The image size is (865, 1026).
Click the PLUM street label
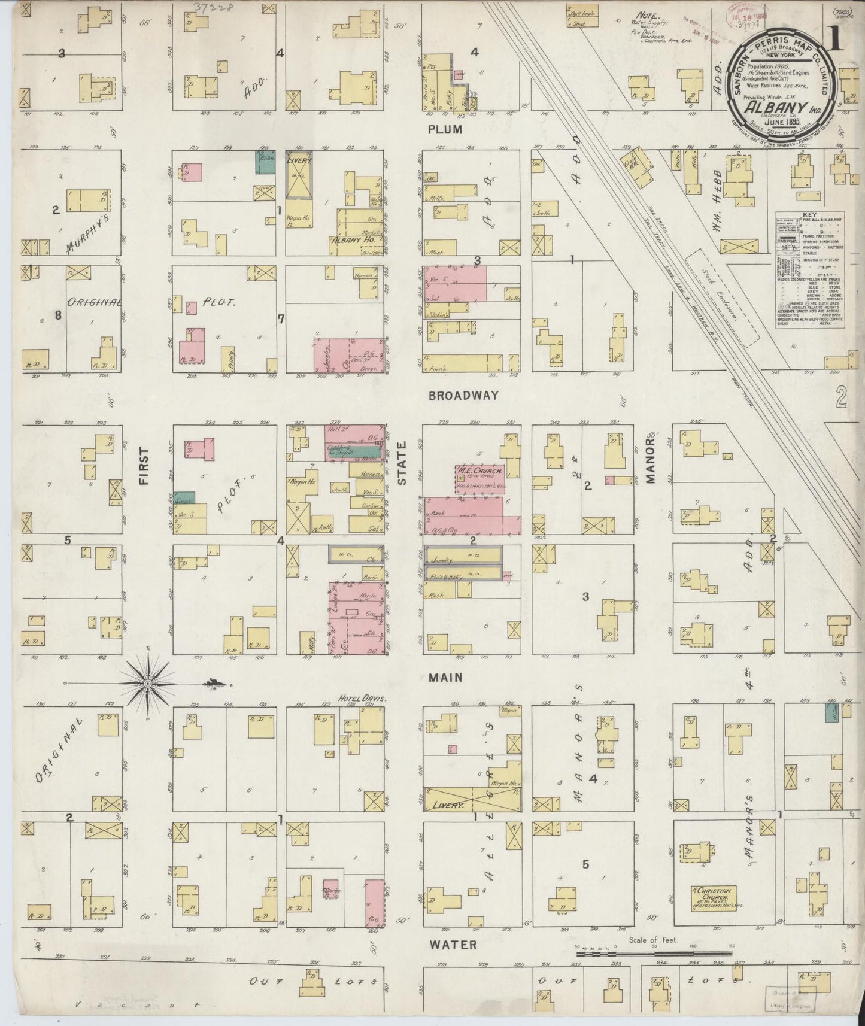(x=445, y=129)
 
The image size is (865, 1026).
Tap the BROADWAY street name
(x=464, y=396)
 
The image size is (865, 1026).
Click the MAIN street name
(x=446, y=678)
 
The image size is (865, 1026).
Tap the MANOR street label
(x=652, y=462)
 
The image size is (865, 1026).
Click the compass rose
(x=147, y=684)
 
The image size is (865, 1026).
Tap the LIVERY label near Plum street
(x=298, y=161)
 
